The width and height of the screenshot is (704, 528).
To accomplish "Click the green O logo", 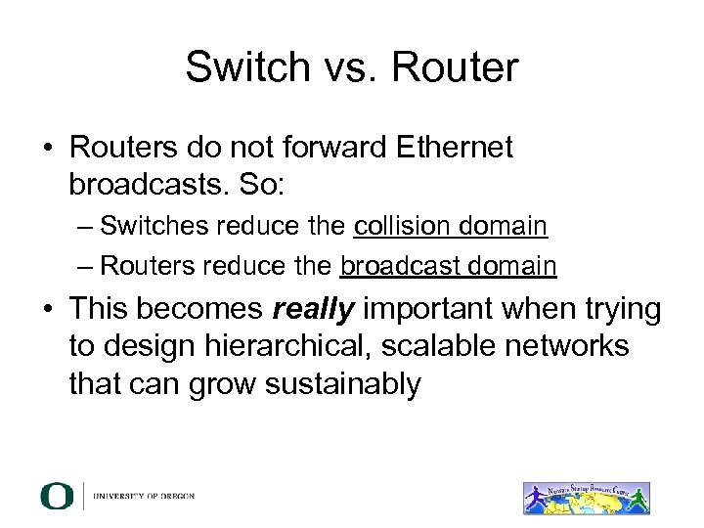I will tap(57, 496).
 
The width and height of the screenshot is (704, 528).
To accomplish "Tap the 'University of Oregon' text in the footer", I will tap(145, 496).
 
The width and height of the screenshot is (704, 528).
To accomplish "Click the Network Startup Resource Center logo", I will tap(587, 496).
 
